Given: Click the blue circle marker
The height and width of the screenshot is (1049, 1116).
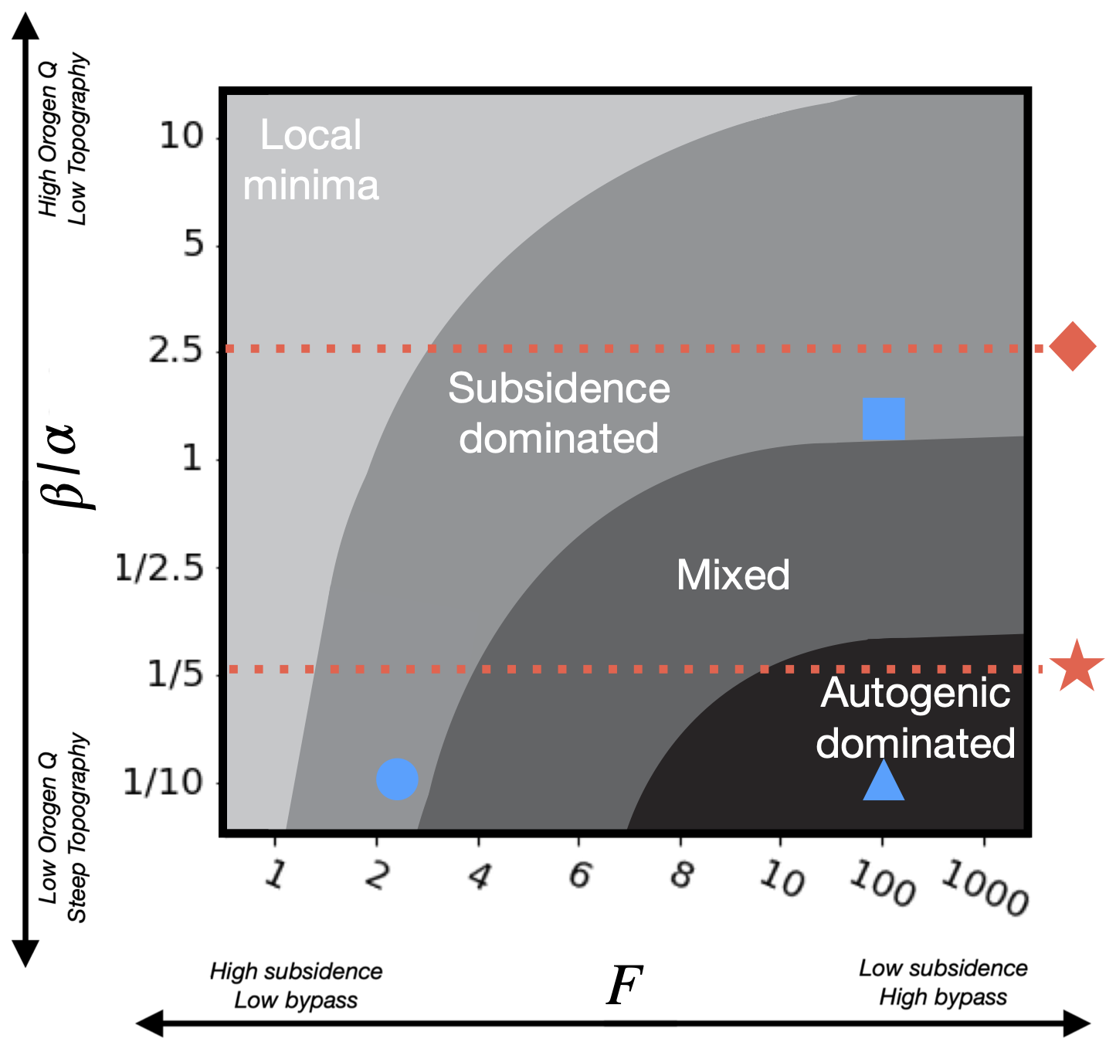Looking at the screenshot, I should tap(397, 779).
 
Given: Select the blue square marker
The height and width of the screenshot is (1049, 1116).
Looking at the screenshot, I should tap(884, 419).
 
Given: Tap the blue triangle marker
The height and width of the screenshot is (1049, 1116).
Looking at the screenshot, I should tap(884, 781).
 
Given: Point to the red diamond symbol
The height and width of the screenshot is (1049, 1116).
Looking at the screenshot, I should tap(1073, 347).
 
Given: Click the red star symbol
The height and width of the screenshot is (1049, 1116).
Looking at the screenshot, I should tap(1077, 667).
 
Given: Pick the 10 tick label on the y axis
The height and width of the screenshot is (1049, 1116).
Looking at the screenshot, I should tap(181, 136).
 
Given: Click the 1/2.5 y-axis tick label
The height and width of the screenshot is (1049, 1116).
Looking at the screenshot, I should tap(159, 569).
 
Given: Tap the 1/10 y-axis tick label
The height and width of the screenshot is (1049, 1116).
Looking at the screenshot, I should tap(163, 783).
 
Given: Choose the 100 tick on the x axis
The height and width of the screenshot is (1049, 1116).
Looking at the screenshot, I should tap(883, 881).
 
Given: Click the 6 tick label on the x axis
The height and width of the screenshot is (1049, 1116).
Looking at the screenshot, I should tap(580, 875).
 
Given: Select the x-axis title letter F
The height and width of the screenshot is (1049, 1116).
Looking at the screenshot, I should tap(624, 986).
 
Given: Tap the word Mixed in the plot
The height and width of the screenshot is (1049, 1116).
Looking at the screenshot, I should tap(733, 575).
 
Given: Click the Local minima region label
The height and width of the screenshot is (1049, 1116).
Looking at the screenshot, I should tap(310, 160).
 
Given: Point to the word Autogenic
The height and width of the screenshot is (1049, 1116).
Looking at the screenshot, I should tap(915, 693).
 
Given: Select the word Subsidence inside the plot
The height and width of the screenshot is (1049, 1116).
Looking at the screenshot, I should tap(558, 388).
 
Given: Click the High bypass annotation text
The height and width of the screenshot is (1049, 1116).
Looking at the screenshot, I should tap(943, 997).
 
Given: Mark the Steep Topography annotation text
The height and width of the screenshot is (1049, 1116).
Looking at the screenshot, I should tap(77, 827).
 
